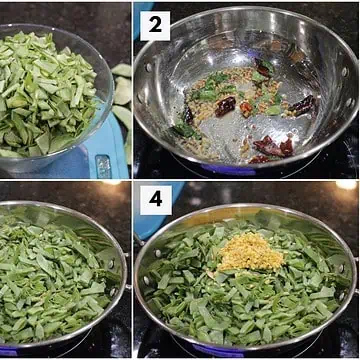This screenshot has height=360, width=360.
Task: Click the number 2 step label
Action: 155,26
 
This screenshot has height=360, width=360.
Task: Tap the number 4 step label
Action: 156,200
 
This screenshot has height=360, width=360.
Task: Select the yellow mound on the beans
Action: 251,252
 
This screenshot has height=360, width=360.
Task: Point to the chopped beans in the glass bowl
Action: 47,95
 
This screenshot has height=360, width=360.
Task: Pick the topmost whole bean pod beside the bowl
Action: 122,70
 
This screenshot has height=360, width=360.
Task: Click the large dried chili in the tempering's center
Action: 226,106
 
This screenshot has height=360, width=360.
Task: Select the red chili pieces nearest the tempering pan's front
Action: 273,147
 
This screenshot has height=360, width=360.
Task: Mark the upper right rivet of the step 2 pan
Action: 345,71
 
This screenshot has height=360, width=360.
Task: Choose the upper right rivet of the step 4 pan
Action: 342,268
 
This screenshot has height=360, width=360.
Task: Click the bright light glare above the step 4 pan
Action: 347,185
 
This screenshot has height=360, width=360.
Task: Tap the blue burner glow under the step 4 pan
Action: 217,351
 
